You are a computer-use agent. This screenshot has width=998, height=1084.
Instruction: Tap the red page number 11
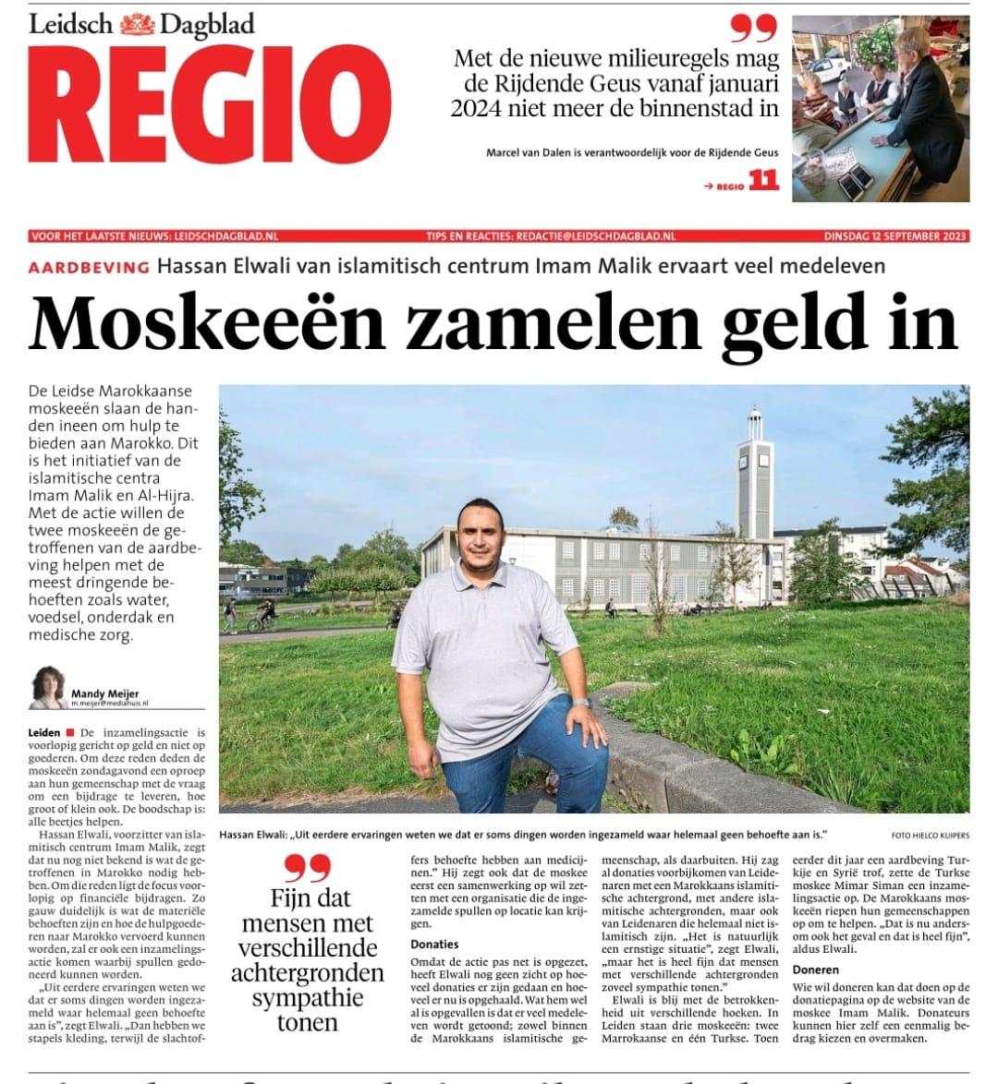coord(763,181)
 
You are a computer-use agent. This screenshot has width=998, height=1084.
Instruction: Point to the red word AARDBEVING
coord(89,267)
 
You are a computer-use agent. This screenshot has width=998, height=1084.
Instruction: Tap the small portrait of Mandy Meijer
coord(48,687)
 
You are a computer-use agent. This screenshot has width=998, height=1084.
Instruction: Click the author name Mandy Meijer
coord(104,693)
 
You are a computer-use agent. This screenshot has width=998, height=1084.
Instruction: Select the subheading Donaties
coord(434,944)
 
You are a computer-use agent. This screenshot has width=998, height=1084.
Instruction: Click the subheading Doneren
coord(815,970)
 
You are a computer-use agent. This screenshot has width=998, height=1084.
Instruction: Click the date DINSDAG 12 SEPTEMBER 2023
coord(896,236)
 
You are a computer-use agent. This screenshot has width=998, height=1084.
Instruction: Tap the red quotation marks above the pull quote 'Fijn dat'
coord(308,868)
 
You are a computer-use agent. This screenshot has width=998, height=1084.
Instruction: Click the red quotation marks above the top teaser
coord(754,29)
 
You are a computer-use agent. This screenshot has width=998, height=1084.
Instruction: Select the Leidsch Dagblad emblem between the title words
coord(137,24)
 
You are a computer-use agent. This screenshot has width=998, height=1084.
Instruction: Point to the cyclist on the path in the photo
coord(262,615)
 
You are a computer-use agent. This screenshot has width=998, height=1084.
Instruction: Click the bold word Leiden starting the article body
coord(44,732)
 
